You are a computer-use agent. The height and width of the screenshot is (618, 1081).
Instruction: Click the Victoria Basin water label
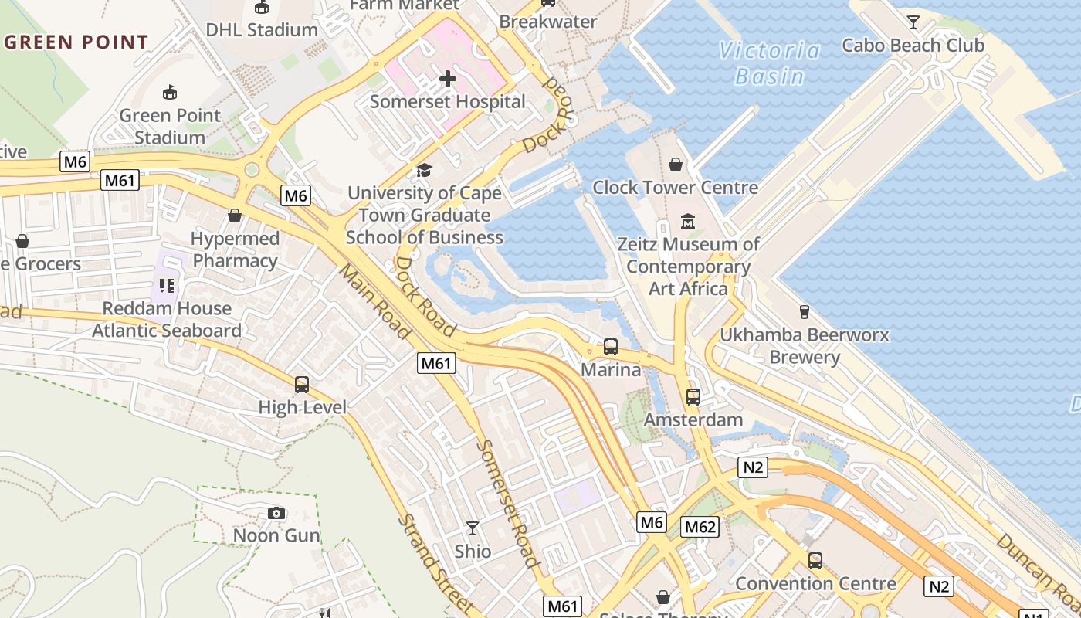pos(770,63)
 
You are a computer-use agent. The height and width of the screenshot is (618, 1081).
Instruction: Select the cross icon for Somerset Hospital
pos(448,79)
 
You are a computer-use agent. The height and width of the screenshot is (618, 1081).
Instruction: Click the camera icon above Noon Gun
pos(276,513)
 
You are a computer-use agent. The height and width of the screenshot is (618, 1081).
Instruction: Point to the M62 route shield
pos(700,527)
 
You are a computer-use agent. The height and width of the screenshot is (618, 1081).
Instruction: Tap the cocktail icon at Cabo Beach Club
pos(913,22)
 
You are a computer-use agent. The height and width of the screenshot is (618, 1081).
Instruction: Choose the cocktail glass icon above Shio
pos(473,528)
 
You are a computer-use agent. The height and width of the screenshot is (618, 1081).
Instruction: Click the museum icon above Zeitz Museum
pos(688,222)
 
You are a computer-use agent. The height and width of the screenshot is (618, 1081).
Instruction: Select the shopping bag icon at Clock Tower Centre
pos(676,165)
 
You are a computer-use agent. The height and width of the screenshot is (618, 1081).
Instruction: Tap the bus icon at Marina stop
pos(611,347)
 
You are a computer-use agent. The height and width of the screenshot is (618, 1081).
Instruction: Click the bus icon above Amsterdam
pos(693,397)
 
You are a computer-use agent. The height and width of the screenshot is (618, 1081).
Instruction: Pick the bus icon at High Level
pos(302,384)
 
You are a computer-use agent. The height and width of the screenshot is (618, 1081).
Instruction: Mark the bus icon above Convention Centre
pos(815,561)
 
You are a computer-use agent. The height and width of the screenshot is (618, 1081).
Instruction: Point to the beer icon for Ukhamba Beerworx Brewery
pos(805,312)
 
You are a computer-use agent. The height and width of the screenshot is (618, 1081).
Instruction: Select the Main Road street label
pos(375,302)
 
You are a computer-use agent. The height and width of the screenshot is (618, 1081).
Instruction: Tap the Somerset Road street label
pos(507,504)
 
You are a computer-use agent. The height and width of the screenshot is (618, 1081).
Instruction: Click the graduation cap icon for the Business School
pos(424,170)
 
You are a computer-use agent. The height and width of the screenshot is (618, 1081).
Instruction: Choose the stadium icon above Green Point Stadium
pos(170,93)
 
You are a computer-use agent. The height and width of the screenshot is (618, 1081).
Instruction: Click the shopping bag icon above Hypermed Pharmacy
pos(235,216)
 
